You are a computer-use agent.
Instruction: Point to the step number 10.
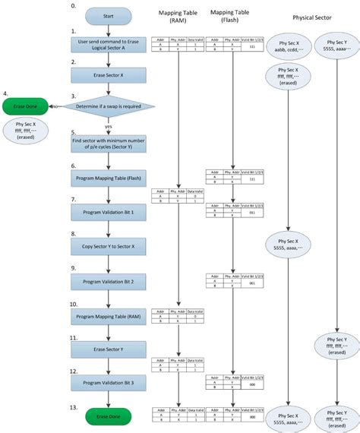[x=74, y=303]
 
